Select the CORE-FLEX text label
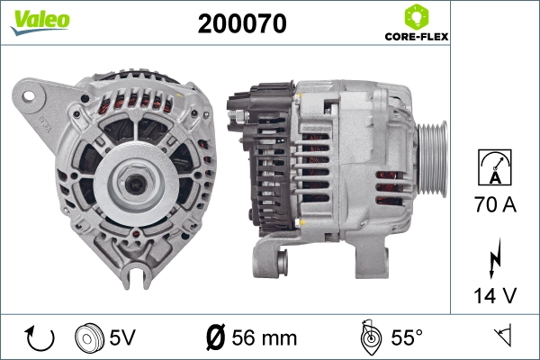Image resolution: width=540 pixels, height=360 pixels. tap(417, 38)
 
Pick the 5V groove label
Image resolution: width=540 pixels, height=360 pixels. tap(124, 337)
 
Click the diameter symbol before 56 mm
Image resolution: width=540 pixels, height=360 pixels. tap(215, 337)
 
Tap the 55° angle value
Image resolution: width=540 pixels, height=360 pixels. tap(406, 337)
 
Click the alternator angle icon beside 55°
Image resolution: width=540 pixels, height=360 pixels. tap(367, 337)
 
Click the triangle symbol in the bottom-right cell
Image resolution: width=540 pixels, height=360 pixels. tap(502, 337)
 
